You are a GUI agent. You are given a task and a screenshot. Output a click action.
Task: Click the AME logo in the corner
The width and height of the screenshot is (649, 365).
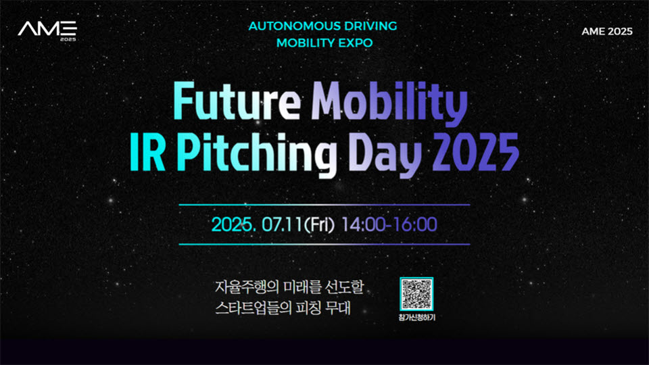[47, 30]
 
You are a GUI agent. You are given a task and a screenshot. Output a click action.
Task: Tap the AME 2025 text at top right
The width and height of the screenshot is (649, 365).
[607, 32]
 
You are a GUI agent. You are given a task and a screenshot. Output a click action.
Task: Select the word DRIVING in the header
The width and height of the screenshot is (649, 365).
[371, 26]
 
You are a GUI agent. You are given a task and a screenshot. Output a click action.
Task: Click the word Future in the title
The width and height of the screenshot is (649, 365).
[237, 101]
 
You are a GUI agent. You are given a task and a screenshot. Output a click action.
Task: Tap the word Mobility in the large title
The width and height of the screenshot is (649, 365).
[389, 103]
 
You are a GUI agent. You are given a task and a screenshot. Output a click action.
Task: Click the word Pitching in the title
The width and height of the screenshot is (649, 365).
[256, 155]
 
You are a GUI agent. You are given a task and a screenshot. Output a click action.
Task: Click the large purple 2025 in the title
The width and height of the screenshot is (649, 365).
[475, 152]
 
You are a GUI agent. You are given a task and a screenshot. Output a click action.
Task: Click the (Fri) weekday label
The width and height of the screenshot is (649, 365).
[319, 224]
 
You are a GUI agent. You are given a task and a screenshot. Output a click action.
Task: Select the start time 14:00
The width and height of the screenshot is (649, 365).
[364, 224]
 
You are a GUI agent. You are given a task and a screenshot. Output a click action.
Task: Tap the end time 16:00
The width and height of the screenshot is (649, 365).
[415, 224]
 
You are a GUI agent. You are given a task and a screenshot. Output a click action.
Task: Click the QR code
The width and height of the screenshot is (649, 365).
[416, 294]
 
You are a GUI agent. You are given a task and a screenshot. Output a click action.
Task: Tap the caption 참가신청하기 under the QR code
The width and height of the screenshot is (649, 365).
[416, 318]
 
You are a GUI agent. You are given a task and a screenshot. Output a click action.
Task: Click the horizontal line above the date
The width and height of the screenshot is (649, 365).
[324, 204]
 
